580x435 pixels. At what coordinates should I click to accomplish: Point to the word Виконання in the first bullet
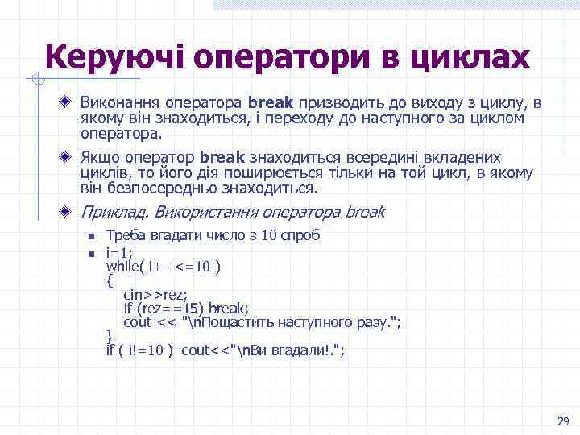119,104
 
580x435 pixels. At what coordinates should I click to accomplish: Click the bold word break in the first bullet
272,104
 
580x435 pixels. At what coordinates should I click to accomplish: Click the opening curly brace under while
110,280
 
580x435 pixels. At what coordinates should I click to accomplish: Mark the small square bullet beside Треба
91,237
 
